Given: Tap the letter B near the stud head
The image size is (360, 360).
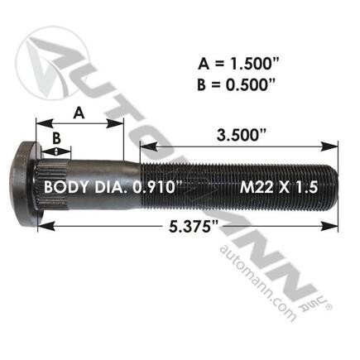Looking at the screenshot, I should click(55, 137).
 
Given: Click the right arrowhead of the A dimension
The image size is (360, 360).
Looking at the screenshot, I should click(120, 126).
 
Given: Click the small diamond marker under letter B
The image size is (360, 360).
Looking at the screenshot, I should click(56, 151).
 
